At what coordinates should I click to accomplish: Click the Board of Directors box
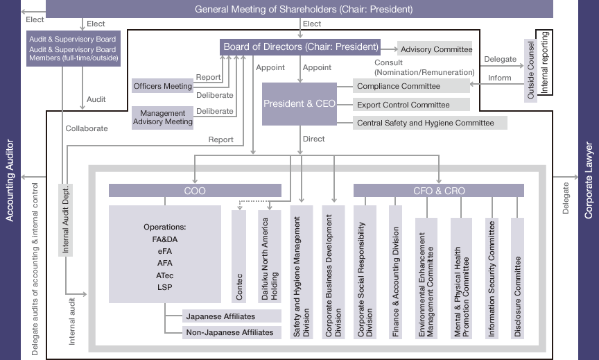click(301, 47)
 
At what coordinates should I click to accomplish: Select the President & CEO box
click(298, 104)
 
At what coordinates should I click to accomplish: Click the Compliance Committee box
click(412, 86)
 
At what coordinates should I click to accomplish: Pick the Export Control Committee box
click(412, 105)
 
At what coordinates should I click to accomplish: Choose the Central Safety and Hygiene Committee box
click(430, 123)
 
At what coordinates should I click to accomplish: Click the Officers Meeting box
click(162, 86)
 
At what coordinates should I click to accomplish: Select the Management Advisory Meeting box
click(162, 117)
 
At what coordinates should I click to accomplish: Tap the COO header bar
click(195, 191)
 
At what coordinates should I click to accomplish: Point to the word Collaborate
click(87, 128)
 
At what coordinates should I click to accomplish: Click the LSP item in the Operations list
click(165, 286)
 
